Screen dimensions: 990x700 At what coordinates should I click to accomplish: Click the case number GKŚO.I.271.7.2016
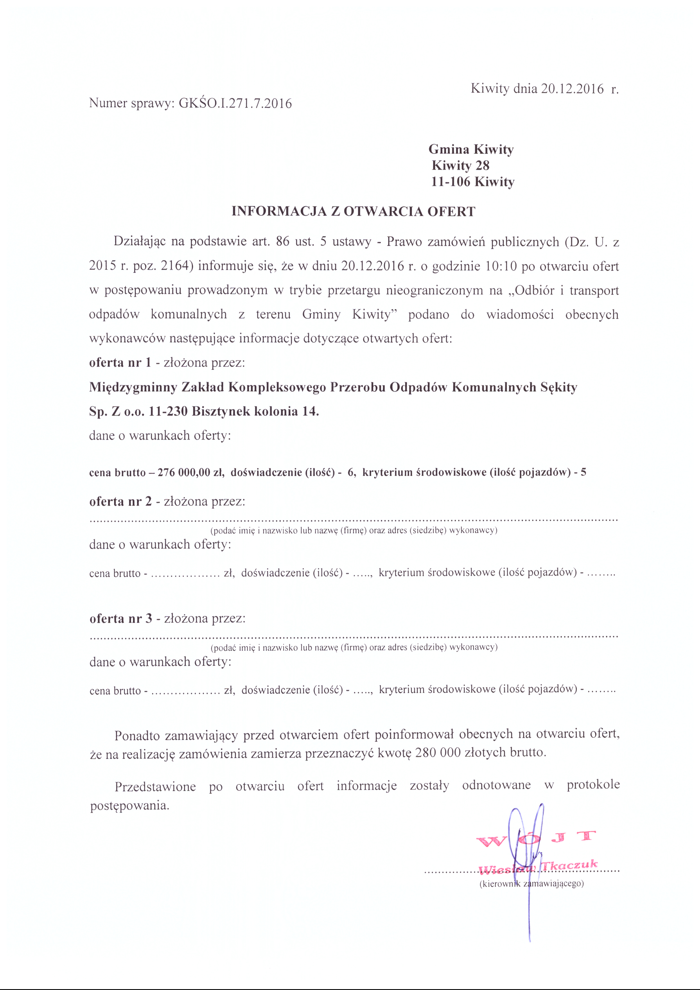[235, 104]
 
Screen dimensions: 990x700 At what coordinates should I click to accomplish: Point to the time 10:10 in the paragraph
[501, 266]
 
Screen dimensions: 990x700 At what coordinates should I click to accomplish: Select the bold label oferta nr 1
[120, 363]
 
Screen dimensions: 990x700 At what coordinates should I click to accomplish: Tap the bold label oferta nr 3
[121, 619]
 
